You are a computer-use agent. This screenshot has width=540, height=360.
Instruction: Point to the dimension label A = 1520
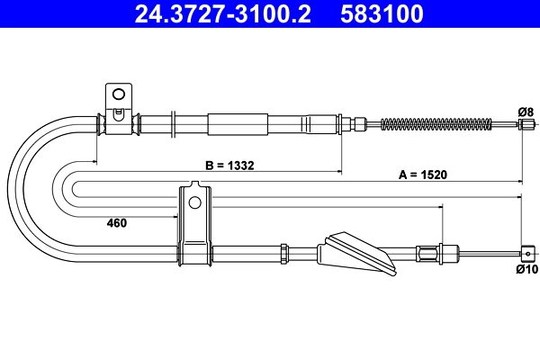click(x=423, y=175)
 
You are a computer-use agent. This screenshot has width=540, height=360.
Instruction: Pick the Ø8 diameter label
click(x=526, y=110)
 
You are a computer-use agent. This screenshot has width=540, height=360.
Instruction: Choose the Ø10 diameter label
click(x=526, y=268)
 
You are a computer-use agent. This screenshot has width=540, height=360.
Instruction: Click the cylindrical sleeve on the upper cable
click(x=238, y=123)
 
